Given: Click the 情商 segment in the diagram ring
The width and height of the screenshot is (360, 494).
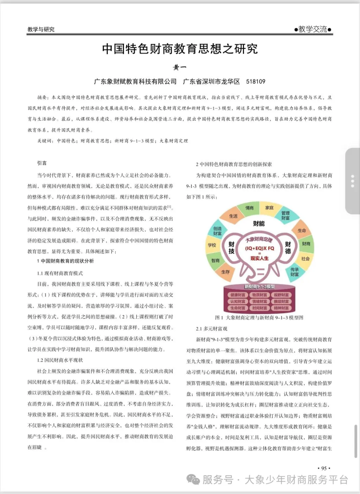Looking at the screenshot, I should point(249,208).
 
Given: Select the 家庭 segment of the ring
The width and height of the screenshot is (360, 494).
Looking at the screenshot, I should point(269,208).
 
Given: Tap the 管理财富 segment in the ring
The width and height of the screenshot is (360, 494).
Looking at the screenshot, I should point(286,215).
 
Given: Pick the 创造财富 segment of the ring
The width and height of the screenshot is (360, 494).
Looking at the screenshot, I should point(217,231).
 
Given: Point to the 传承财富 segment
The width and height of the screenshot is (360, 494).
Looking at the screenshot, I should point(294,272).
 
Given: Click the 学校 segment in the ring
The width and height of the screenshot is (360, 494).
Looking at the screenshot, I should point(212,245).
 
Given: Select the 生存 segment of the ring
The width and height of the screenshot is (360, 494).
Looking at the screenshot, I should point(225,272).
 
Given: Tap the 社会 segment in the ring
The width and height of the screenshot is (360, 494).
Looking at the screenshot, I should point(305,259).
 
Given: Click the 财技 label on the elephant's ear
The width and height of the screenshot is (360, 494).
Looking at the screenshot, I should point(232,248).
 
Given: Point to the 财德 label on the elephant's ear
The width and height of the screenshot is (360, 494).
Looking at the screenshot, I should point(288,248).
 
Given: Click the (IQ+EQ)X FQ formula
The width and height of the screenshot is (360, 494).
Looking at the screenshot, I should point(259,248).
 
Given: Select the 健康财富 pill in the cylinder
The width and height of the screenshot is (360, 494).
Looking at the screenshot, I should point(238,295).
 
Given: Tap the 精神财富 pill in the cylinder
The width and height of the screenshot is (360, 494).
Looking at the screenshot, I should point(281,308).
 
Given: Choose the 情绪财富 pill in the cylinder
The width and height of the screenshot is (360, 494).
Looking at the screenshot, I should point(259,302).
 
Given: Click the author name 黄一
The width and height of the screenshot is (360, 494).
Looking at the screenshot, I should point(180,68).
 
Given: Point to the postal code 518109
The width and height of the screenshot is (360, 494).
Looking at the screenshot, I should point(256,81).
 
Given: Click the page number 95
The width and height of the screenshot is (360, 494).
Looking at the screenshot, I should point(324,468).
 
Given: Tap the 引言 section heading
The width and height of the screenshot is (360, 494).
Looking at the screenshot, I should point(42,163).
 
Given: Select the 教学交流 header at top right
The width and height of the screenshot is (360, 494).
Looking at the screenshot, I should point(313,29).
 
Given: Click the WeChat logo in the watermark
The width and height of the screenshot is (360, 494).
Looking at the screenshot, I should point(193,479).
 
